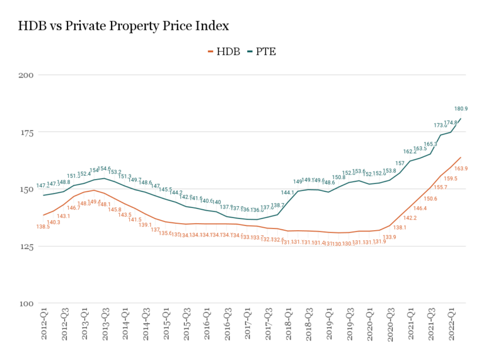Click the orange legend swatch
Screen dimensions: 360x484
pyautogui.click(x=210, y=51)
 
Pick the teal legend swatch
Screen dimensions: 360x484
pyautogui.click(x=250, y=51)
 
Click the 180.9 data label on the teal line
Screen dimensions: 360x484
pyautogui.click(x=461, y=109)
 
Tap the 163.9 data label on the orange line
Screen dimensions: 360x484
pyautogui.click(x=461, y=168)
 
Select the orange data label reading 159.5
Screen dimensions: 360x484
pyautogui.click(x=451, y=178)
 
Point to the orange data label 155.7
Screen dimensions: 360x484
pyautogui.click(x=441, y=187)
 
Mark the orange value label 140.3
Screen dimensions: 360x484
pyautogui.click(x=54, y=222)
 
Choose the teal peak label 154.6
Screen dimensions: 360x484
pyautogui.click(x=104, y=168)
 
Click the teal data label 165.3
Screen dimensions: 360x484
pyautogui.click(x=430, y=144)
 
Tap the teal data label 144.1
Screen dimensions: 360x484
pyautogui.click(x=287, y=192)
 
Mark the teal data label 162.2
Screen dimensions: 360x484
pyautogui.click(x=410, y=151)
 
